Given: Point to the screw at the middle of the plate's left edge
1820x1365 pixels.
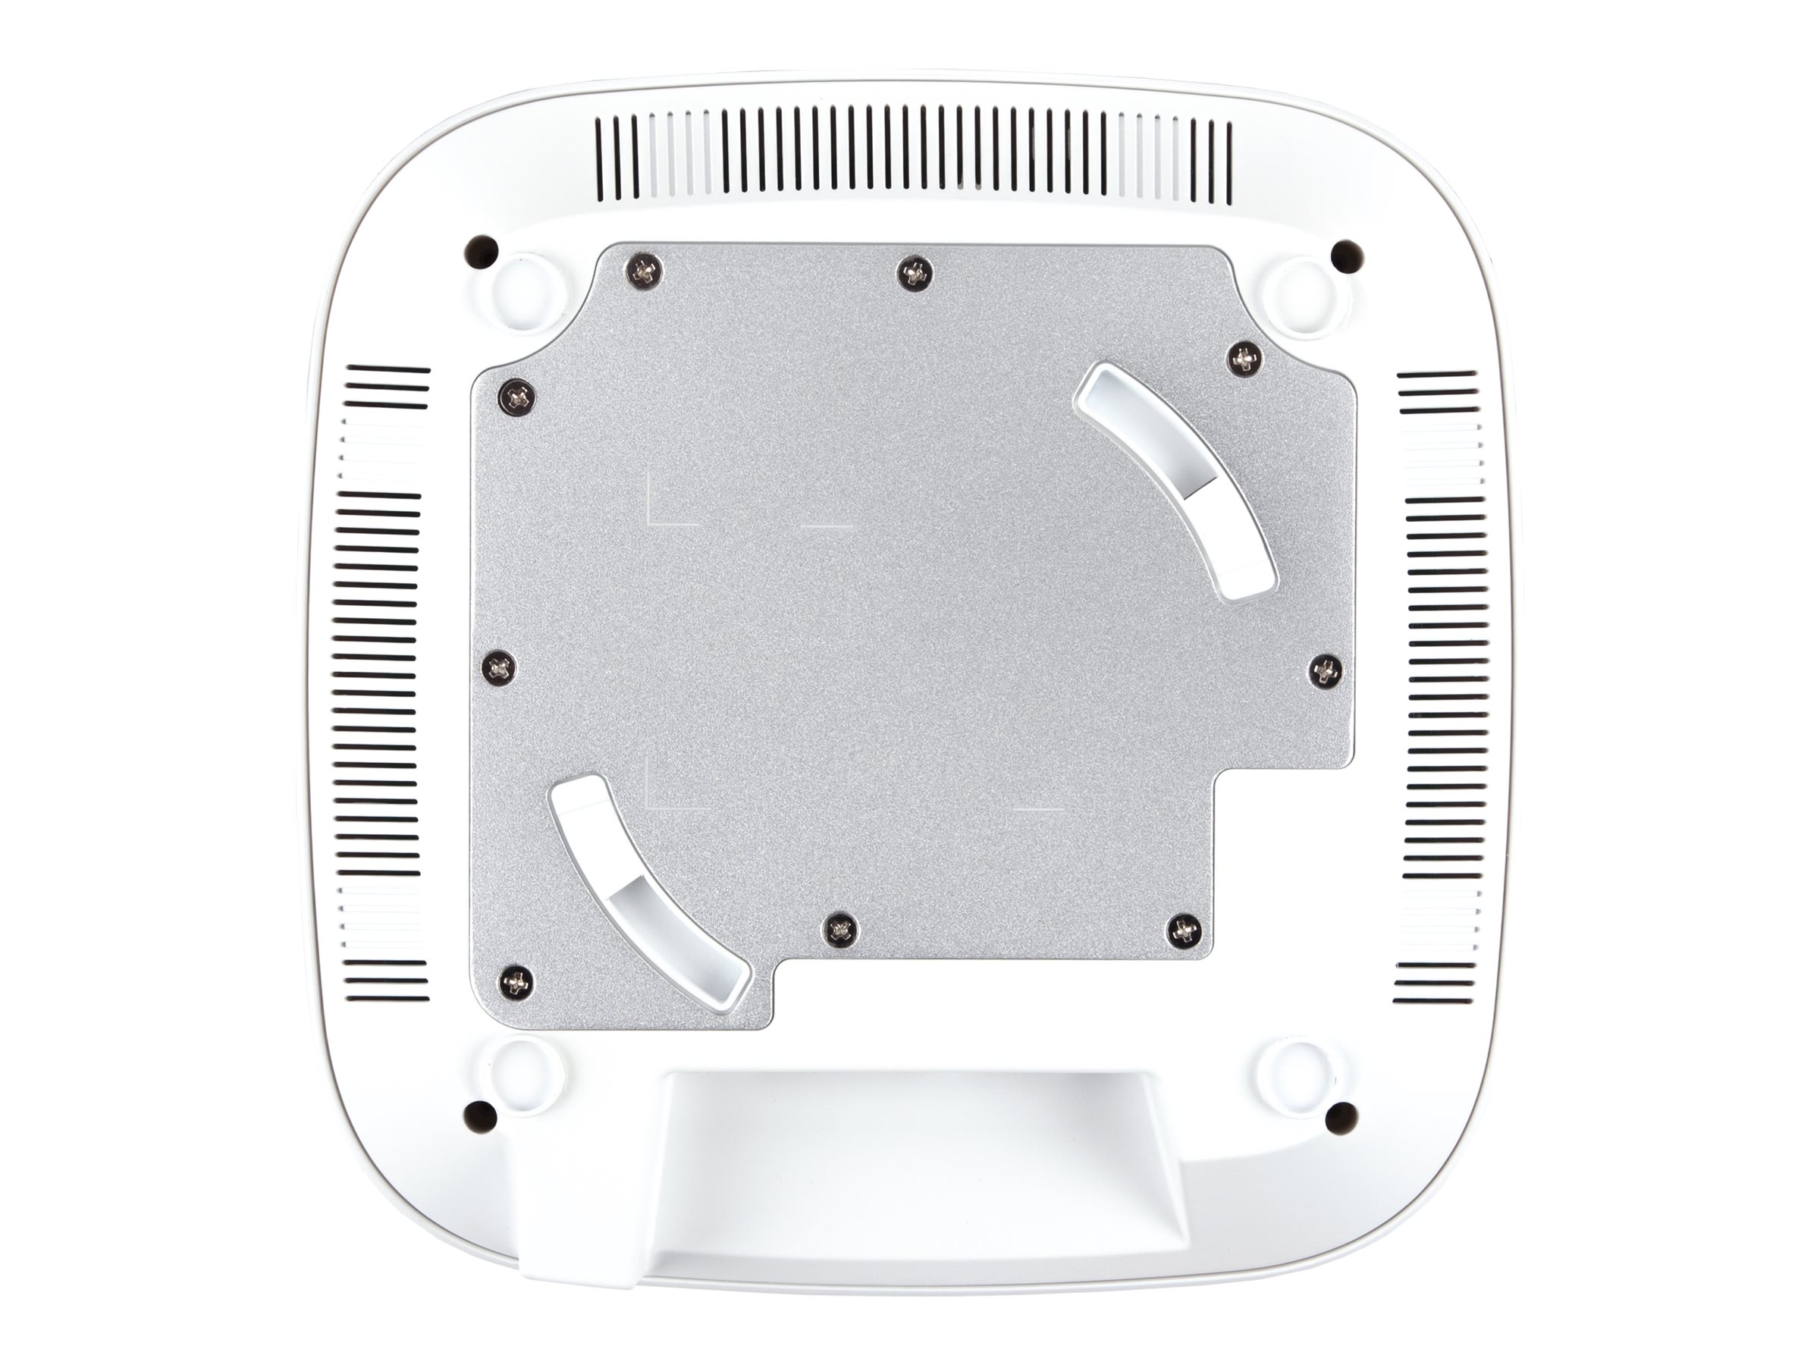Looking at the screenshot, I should (500, 667).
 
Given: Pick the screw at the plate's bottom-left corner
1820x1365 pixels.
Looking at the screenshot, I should (515, 981).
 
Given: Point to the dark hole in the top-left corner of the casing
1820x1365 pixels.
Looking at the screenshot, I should (482, 250).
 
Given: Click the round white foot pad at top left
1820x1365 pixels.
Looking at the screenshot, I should (526, 291).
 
